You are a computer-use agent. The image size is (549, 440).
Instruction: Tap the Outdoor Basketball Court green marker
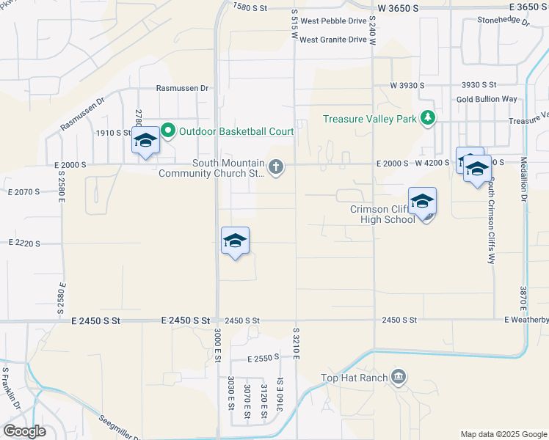[167, 131]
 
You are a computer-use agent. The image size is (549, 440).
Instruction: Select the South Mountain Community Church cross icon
[276, 168]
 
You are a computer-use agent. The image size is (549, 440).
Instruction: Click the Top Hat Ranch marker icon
[398, 378]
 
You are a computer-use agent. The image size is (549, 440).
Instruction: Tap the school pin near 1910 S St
[145, 141]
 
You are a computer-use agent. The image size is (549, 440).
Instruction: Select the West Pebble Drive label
[332, 23]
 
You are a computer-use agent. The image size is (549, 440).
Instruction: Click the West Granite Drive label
[332, 40]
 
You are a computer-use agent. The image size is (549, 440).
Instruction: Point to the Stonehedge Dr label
[503, 21]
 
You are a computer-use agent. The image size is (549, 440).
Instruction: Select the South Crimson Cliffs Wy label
[492, 220]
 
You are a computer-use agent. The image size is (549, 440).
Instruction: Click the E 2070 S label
[24, 192]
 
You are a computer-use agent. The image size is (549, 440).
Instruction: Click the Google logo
[24, 431]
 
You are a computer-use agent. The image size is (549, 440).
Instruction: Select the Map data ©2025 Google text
[503, 434]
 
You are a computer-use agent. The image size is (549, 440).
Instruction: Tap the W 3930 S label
[407, 86]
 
